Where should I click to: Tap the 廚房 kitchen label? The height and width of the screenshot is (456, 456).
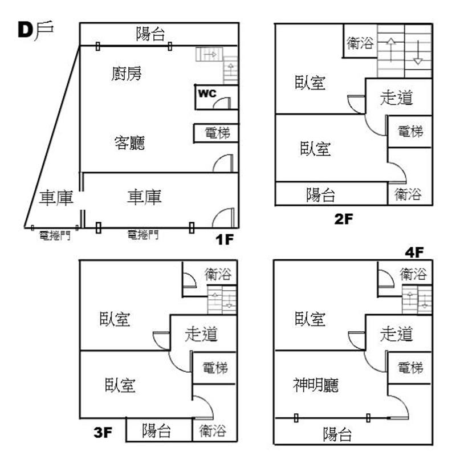point(127,74)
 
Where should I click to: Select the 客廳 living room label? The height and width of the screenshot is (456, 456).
point(129,142)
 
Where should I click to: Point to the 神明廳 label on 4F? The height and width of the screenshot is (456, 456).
point(316,386)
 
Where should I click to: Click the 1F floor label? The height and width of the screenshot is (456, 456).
point(225,238)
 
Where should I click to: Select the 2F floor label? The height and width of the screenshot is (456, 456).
point(345,219)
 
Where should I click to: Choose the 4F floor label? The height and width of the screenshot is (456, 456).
point(414,251)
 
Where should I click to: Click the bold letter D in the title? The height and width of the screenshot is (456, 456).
point(26,30)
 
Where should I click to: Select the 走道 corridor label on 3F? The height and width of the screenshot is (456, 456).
point(201,333)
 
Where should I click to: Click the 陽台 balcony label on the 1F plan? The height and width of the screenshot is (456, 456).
point(150,34)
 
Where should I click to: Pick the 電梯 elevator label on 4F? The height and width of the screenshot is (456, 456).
point(410,367)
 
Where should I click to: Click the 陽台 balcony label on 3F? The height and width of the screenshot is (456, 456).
point(157,431)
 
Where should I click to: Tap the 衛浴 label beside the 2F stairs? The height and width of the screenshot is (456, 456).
point(360,42)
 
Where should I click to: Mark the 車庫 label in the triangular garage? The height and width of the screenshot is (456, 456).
point(56,198)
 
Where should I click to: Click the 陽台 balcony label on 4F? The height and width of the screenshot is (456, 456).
point(337,435)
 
